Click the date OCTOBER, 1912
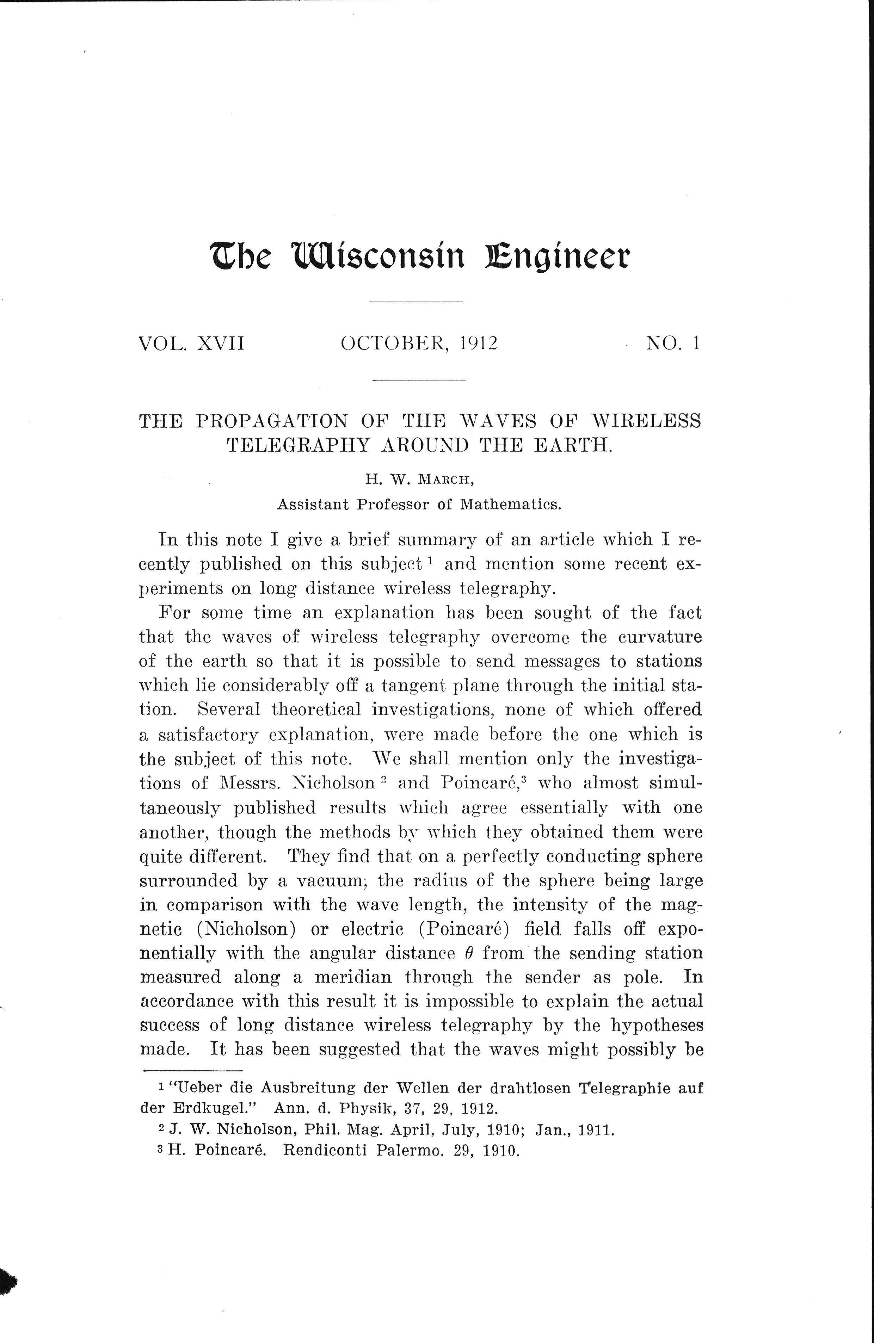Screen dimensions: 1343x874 pyautogui.click(x=419, y=343)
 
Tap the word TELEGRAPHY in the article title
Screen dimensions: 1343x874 pyautogui.click(x=298, y=445)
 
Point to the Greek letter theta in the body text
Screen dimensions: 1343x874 pyautogui.click(x=468, y=953)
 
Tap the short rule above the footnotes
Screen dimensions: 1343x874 pyautogui.click(x=193, y=1070)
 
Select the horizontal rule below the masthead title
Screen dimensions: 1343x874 pyautogui.click(x=416, y=303)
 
